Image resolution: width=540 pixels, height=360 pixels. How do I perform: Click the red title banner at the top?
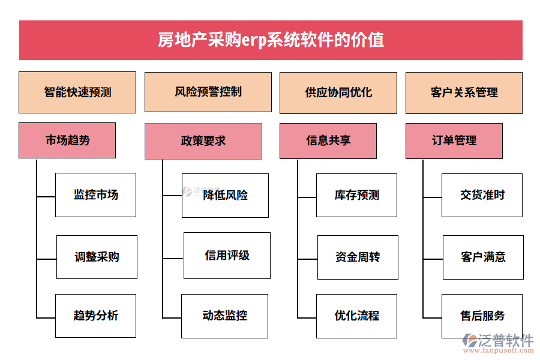(x=271, y=40)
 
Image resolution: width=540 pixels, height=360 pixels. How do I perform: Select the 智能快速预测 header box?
(x=77, y=92)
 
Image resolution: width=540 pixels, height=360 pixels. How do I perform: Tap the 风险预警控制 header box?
(x=208, y=92)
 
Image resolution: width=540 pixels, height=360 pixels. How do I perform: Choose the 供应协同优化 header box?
(x=338, y=92)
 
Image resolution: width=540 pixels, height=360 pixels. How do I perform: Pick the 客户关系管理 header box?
(x=464, y=92)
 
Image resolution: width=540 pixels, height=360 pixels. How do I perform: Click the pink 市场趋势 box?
(x=67, y=140)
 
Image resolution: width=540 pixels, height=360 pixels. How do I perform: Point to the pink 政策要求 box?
(x=203, y=141)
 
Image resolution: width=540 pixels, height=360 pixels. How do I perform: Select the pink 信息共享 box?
(x=328, y=140)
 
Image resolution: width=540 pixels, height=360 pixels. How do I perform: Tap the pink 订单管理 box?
(x=454, y=140)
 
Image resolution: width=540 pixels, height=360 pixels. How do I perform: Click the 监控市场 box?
(x=96, y=195)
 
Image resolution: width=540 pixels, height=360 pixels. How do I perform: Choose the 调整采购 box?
(x=97, y=257)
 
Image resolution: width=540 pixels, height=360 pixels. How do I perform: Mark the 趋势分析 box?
(x=96, y=316)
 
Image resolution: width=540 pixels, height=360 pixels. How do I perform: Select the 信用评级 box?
(x=227, y=256)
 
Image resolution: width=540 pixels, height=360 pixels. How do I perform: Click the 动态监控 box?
(x=225, y=316)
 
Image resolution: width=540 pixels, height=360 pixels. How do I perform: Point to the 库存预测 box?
(x=357, y=195)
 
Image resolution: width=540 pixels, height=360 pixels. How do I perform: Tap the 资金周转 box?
(x=358, y=257)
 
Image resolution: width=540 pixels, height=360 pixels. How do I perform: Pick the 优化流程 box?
(x=357, y=316)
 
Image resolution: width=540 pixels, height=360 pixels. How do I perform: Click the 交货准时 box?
(x=482, y=195)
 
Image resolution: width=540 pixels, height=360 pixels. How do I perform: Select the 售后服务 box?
(x=482, y=316)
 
